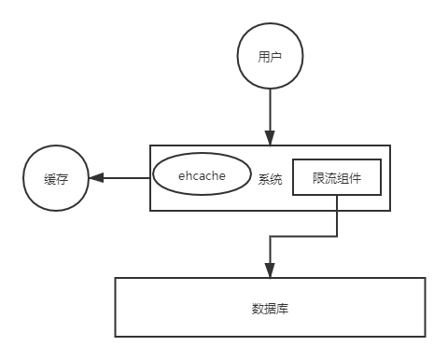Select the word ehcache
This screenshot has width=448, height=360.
(x=203, y=175)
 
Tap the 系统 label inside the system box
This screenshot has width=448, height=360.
(x=270, y=179)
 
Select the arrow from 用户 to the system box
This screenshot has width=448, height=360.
(x=270, y=112)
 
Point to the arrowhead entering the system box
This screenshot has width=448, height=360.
(x=270, y=139)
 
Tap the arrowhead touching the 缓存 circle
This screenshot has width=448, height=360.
(x=97, y=179)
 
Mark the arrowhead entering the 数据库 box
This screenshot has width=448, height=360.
(x=270, y=271)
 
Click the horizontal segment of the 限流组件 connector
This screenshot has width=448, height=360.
(x=303, y=236)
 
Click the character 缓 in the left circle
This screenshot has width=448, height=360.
(x=48, y=179)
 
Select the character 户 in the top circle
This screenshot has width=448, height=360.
(x=275, y=56)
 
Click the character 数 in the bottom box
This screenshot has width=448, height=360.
(x=258, y=307)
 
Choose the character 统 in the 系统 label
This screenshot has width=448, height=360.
(x=276, y=179)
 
